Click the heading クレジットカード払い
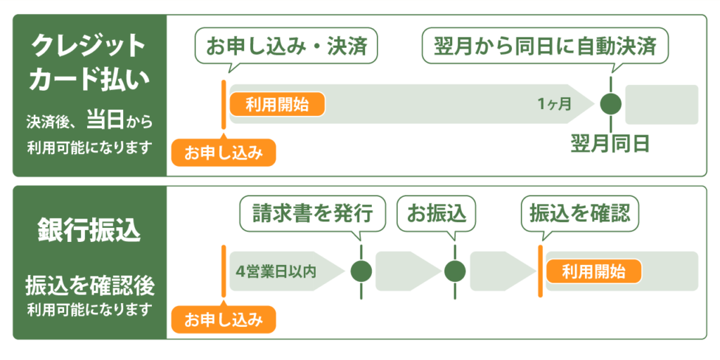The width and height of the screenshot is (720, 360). pos(90,63)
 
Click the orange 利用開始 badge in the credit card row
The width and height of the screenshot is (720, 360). pos(277,105)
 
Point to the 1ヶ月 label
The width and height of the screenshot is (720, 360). pos(555,105)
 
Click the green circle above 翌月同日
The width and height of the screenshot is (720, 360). pos(611,104)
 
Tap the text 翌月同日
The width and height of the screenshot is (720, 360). pos(610,143)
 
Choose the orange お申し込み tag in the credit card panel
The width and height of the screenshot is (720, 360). pos(224,152)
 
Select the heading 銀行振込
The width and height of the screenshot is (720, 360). pos(89,232)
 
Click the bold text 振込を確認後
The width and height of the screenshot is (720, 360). pos(89,287)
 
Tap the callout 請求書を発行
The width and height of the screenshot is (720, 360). pos(312,214)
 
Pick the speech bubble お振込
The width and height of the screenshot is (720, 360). pos(436,214)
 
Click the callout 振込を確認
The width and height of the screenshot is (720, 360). pos(579,214)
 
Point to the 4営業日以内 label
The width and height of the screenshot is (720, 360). pos(276,271)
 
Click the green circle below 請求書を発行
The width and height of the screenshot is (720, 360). pos(361,271)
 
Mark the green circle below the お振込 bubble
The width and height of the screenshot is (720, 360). pos(455,271)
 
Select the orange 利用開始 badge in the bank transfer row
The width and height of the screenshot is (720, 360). pos(593,271)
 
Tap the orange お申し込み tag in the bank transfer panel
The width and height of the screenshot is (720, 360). pos(224,319)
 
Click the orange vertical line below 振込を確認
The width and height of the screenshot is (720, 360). pos(541,271)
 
